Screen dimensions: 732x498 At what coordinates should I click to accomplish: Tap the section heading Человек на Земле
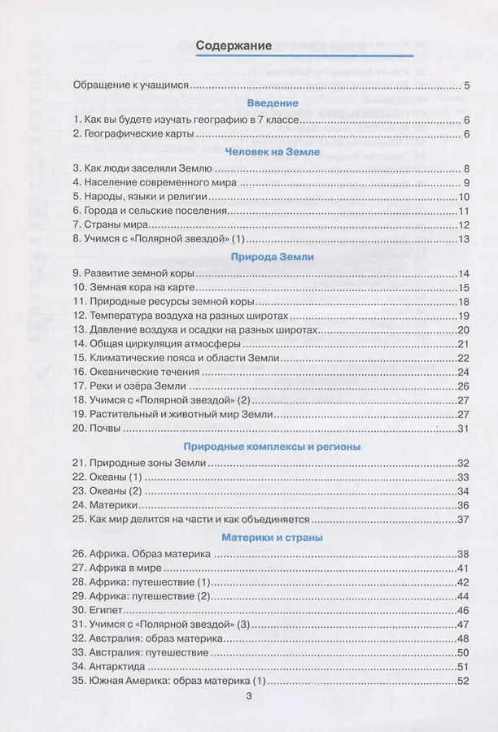coord(273,151)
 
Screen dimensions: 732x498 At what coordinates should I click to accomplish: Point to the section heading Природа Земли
coord(273,256)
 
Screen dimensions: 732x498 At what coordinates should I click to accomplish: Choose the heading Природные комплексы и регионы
coord(273,447)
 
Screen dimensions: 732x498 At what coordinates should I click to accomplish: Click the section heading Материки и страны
coord(273,538)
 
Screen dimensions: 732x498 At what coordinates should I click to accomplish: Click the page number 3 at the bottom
coord(249,695)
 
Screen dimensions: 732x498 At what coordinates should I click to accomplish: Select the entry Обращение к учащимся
coord(131,85)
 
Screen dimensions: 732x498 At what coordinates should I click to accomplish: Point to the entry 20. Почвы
coord(96,428)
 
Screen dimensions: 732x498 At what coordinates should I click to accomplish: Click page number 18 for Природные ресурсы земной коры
coord(465,301)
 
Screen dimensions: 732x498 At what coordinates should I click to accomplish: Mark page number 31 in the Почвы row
coord(465,428)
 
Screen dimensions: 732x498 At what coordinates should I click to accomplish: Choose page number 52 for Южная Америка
coord(465,681)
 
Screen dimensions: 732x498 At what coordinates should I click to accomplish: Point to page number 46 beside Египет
coord(465,610)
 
